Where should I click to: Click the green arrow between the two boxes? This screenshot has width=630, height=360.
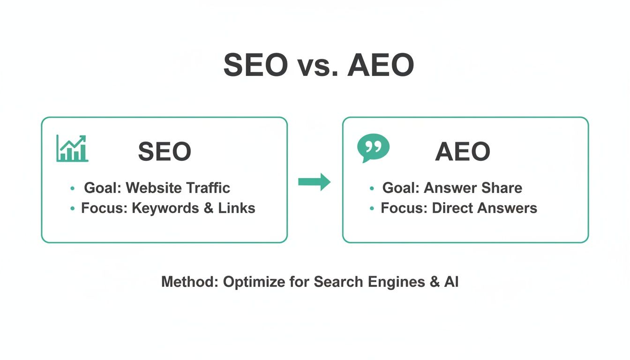[314, 181]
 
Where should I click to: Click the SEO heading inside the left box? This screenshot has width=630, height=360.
[165, 152]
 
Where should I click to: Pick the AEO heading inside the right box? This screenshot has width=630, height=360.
[463, 152]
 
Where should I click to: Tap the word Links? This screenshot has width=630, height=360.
[237, 208]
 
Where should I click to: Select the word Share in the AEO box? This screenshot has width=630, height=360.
[501, 188]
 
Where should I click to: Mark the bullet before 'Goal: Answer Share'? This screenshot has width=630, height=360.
[372, 188]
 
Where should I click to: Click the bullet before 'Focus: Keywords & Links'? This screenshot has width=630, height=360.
[73, 209]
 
